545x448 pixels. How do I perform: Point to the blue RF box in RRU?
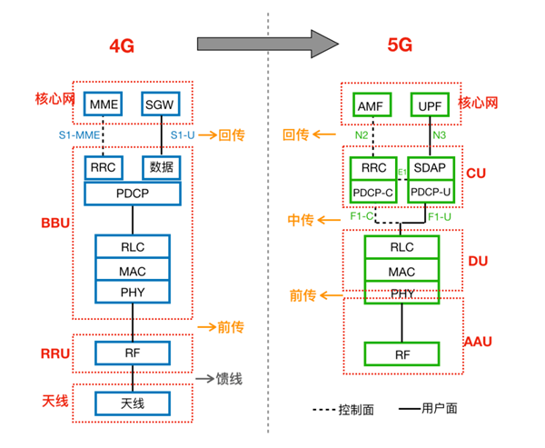tap(133, 353)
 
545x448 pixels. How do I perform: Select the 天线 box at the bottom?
tap(133, 403)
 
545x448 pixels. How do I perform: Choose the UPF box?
tap(431, 105)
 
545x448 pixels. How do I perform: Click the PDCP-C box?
tap(374, 193)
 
